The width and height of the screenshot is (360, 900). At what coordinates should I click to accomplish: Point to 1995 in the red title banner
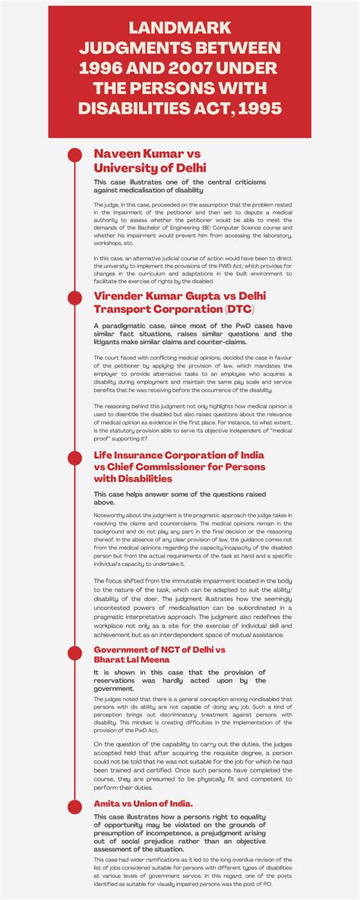[258, 109]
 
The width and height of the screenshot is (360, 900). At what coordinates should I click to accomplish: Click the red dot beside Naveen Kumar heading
[74, 154]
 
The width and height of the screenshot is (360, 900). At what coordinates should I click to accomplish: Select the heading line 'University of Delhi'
[150, 167]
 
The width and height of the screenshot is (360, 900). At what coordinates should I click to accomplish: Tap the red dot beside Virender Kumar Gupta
[74, 296]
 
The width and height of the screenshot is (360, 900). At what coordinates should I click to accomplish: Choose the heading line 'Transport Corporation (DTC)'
[174, 309]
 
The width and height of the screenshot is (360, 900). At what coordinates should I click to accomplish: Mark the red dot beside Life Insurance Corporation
[74, 456]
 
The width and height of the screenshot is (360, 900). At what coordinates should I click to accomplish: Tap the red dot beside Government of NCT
[74, 651]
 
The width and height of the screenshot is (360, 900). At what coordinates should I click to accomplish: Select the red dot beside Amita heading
[74, 803]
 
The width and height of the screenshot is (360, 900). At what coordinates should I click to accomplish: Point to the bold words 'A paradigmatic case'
[132, 325]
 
